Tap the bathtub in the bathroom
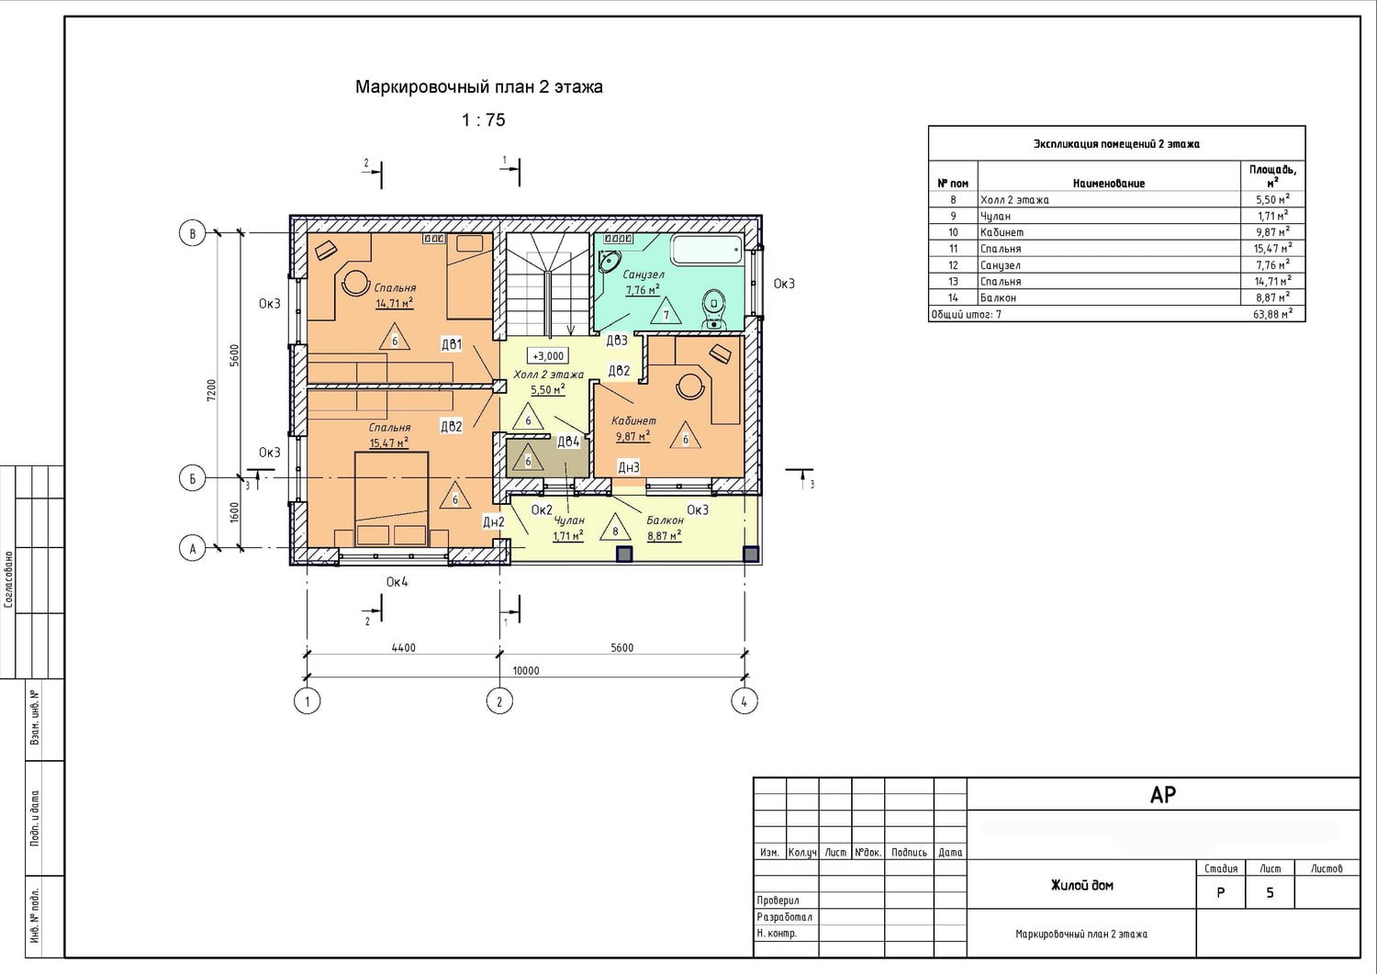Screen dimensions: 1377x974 pos(707,250)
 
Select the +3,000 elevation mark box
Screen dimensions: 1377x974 pos(548,355)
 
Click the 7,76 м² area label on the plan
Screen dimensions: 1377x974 pos(643,289)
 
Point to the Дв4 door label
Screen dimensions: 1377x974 pos(568,442)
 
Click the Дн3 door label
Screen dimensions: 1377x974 pos(628,467)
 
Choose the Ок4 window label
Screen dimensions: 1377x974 pos(397,581)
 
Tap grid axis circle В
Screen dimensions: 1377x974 pos(193,234)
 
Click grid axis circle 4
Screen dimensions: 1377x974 pos(744,700)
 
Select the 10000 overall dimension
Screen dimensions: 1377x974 pos(526,670)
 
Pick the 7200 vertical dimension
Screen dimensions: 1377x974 pos(211,390)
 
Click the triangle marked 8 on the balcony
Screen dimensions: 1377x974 pos(615,528)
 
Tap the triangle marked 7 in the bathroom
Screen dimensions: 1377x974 pos(666,311)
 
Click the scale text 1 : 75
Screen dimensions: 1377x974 pos(484,120)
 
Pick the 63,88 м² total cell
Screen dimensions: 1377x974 pos(1272,315)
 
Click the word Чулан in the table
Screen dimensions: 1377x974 pos(995,217)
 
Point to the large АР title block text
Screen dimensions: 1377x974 pos(1162,795)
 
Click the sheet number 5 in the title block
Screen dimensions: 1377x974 pos(1270,893)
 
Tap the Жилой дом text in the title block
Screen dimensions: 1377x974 pos(1081,886)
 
